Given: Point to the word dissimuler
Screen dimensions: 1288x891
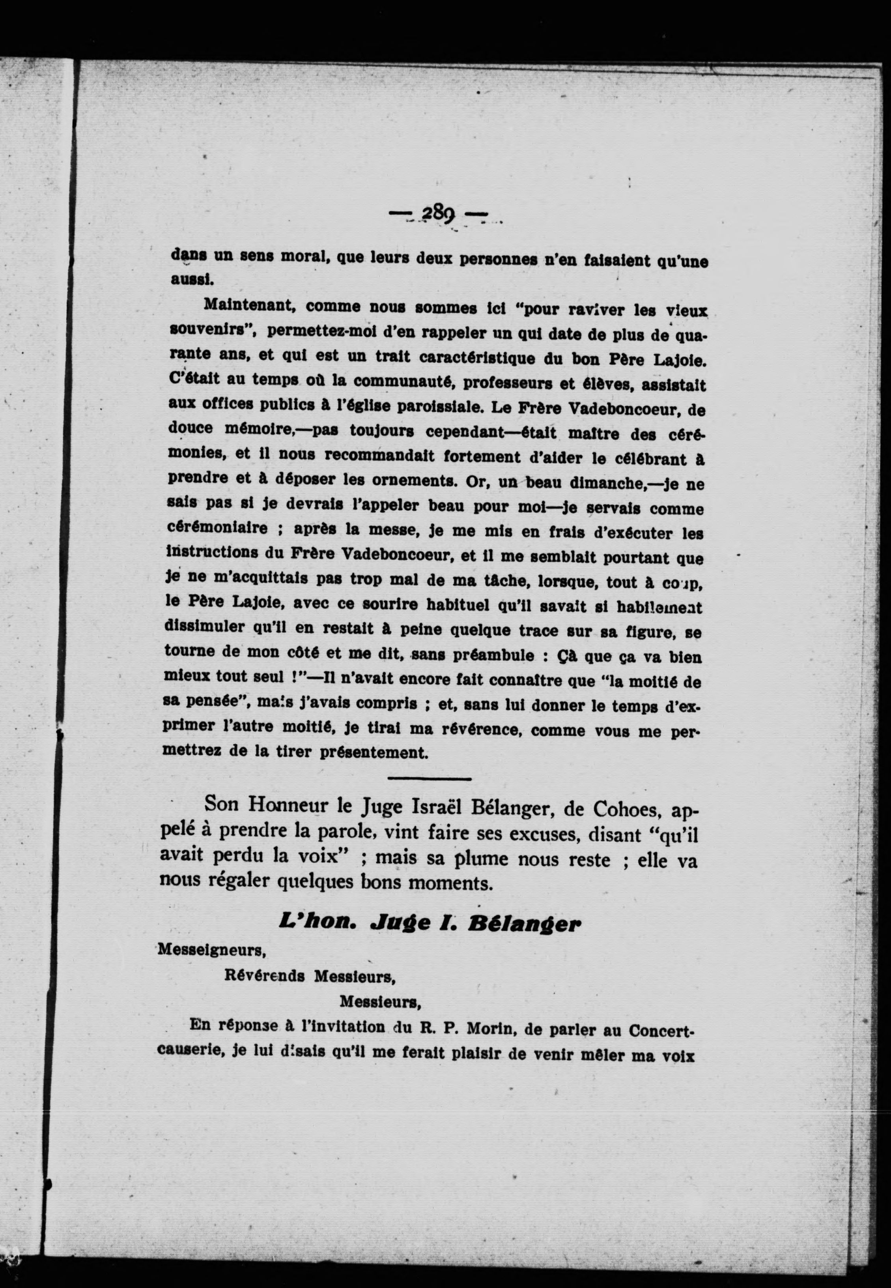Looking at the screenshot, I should pyautogui.click(x=204, y=627).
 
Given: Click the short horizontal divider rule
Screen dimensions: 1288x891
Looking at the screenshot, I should pyautogui.click(x=429, y=779).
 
